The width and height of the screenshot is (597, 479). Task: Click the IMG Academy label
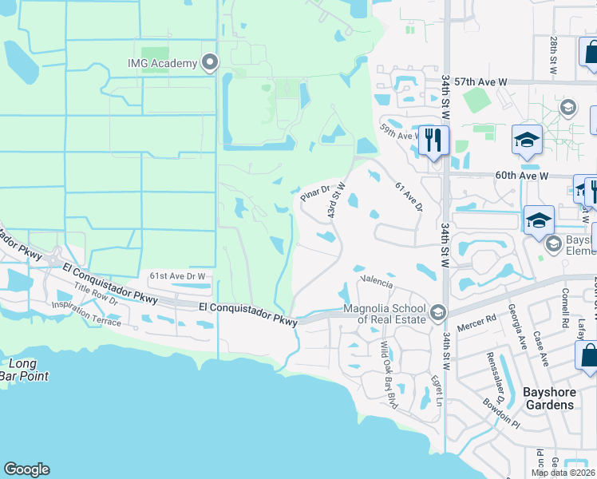pos(162,64)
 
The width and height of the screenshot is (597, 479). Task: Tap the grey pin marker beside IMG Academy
pos(211,62)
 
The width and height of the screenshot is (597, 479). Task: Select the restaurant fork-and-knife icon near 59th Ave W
pos(433,141)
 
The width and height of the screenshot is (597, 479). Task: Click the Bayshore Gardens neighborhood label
pos(548,398)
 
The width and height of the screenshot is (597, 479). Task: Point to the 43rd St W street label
pos(335,202)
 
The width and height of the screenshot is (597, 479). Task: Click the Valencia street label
pos(377,282)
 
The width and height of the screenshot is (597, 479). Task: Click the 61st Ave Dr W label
pos(177,276)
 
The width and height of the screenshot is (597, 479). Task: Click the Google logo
pos(26,469)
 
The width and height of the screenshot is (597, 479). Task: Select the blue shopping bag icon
pos(588,356)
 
